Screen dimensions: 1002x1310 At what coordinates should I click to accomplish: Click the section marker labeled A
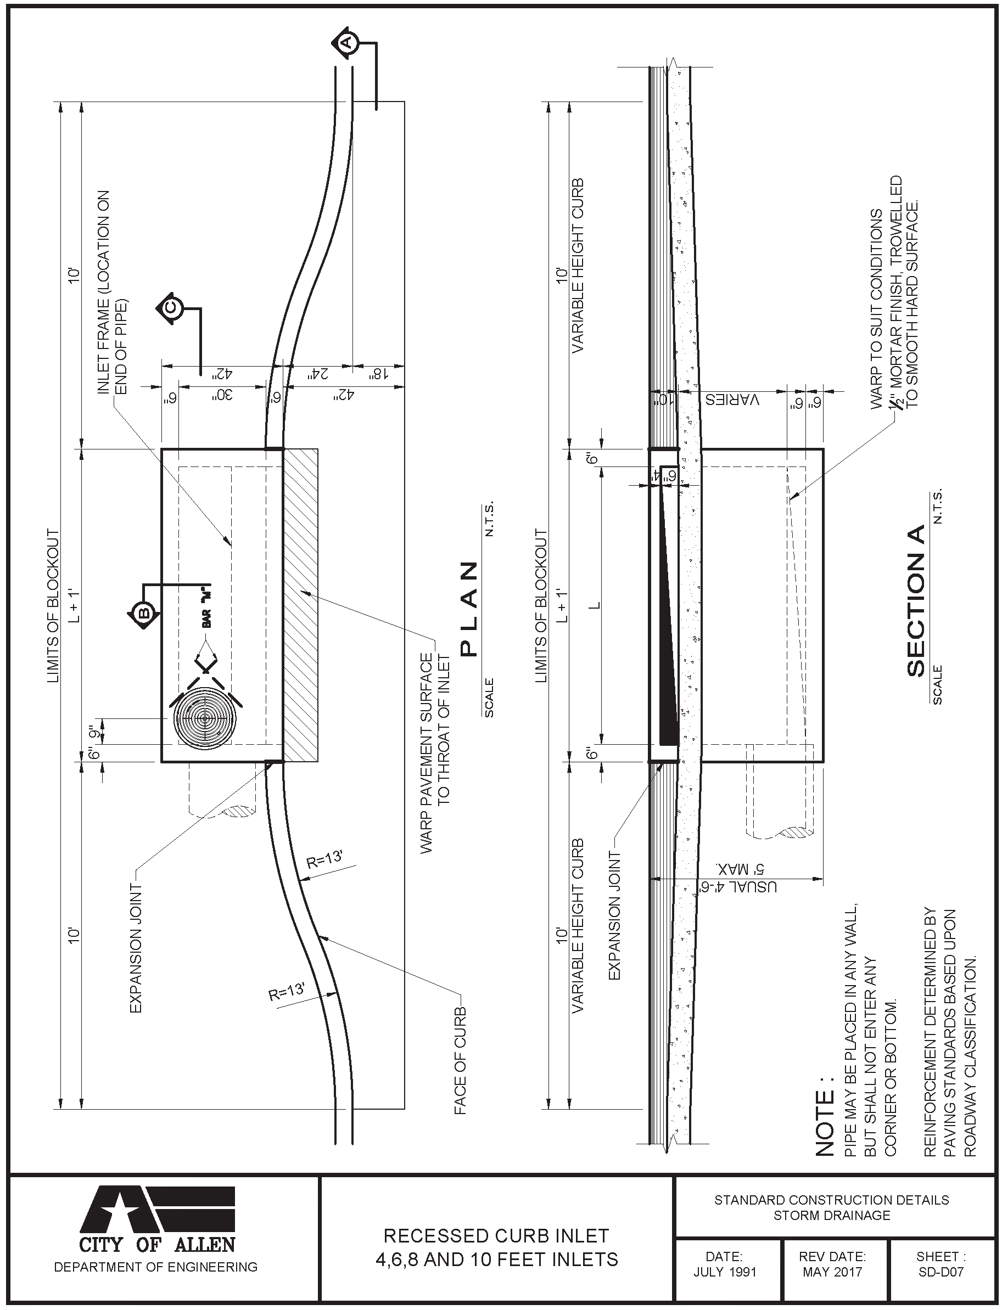pyautogui.click(x=345, y=42)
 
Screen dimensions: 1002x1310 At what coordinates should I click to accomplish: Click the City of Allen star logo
pyautogui.click(x=158, y=1209)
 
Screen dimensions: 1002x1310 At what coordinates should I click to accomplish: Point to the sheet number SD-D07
pyautogui.click(x=941, y=1274)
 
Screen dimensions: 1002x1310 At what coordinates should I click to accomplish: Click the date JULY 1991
pyautogui.click(x=725, y=1274)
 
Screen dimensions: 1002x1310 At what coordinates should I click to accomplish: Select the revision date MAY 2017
pyautogui.click(x=832, y=1274)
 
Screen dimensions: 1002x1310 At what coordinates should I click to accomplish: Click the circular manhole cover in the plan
pyautogui.click(x=204, y=718)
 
